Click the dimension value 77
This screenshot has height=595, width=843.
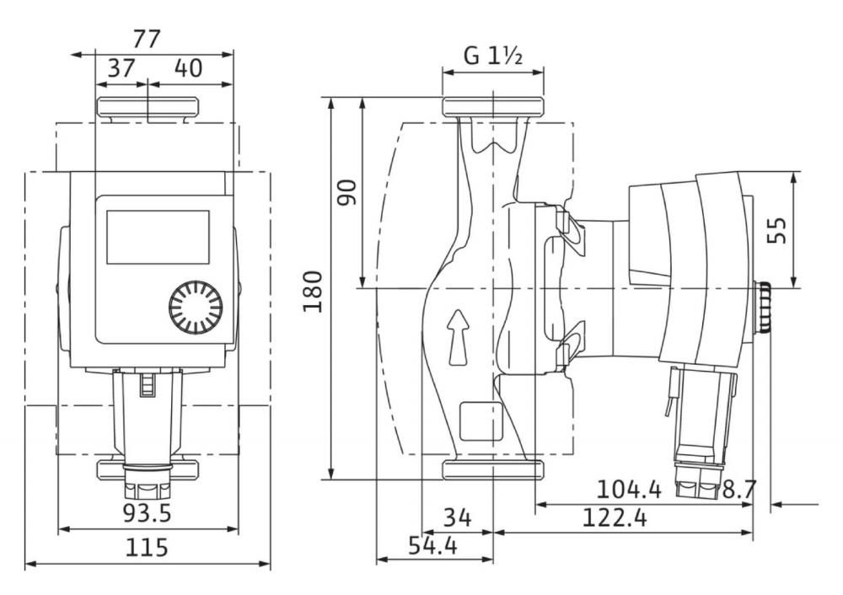tap(146, 40)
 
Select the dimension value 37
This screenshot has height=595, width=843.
tap(121, 68)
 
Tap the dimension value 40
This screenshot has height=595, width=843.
tap(188, 68)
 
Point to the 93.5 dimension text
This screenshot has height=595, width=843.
tap(147, 512)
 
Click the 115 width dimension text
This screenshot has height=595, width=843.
tap(147, 547)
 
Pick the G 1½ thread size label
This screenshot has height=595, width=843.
tap(493, 56)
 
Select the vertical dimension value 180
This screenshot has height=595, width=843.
tap(313, 292)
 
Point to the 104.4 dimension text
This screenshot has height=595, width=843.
tap(629, 489)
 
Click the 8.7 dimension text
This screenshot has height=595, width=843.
tap(739, 489)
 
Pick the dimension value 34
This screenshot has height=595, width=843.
tap(458, 518)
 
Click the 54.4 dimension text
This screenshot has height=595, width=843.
tap(432, 545)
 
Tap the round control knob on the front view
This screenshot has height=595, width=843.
tap(196, 308)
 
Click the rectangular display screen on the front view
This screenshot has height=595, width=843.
tap(158, 237)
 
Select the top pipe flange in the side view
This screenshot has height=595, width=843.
tap(493, 106)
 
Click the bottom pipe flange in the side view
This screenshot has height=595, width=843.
tap(493, 469)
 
